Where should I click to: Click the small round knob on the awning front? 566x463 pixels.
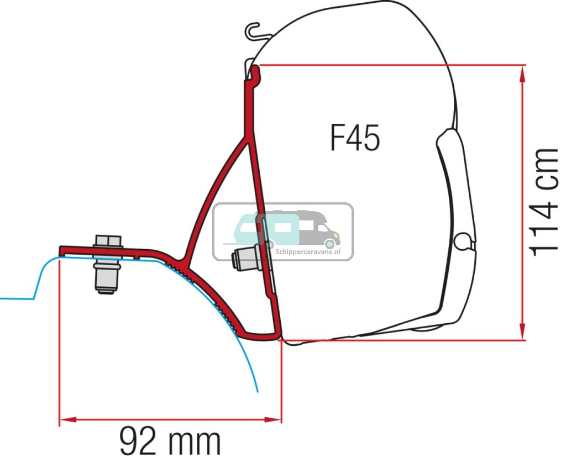463,241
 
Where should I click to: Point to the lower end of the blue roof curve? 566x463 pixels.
258,390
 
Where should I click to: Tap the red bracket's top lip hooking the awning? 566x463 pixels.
255,72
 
